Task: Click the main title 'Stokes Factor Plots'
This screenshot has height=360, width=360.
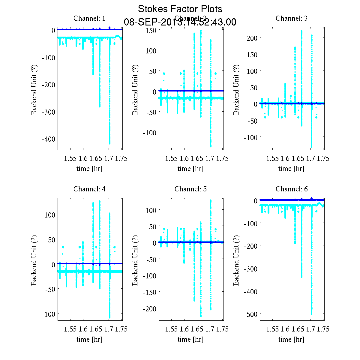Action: coord(180,9)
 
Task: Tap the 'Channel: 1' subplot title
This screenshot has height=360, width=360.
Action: coord(89,18)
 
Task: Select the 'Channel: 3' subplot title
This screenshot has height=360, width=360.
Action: coord(291,18)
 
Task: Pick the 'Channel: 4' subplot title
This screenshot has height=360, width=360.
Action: coord(89,189)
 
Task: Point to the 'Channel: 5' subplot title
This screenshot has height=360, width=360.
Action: coord(190,189)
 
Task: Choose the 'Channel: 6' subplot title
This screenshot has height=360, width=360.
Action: coord(291,189)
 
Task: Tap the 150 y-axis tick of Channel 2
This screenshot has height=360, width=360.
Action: coord(151,30)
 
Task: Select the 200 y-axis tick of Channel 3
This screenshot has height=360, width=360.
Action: coord(252,38)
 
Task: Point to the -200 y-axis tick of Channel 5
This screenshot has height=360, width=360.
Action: coord(149,308)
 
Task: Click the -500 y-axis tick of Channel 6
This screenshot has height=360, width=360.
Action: coord(251,314)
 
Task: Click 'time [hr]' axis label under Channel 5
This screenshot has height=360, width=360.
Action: coord(190,339)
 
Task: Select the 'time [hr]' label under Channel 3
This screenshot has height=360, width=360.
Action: coord(291,169)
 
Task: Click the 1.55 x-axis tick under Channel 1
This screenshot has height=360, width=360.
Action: coord(70,158)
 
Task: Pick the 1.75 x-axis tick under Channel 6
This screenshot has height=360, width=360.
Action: coord(323,329)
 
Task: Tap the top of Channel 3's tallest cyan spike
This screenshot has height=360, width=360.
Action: coord(301,31)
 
